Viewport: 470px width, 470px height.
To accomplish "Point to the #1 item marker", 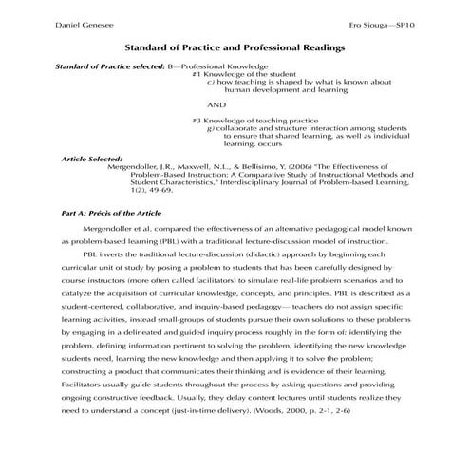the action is tap(196, 74).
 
